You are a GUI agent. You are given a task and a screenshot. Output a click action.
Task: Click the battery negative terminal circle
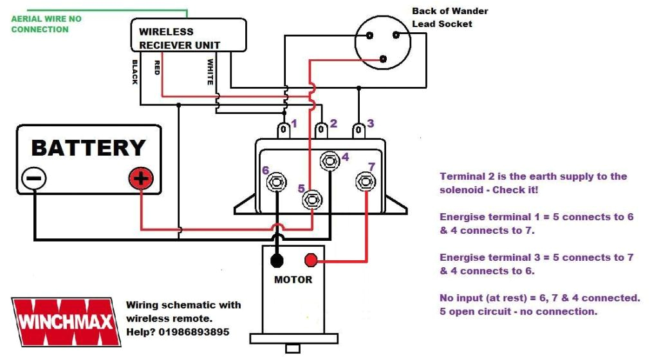tap(33, 179)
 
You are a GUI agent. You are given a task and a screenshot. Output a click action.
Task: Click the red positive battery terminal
tap(141, 179)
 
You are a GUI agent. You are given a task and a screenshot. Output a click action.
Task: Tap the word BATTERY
tap(89, 147)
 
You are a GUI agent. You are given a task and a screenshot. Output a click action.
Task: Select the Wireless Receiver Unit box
tap(189, 35)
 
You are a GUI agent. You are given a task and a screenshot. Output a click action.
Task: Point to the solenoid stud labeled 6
tap(277, 182)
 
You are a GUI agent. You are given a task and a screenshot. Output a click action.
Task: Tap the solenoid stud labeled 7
tap(366, 182)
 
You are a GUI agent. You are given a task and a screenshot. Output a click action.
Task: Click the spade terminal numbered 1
tap(283, 131)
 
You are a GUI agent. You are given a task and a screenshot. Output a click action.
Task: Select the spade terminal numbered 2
tap(320, 131)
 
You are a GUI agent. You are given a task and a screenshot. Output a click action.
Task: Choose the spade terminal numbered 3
tap(357, 131)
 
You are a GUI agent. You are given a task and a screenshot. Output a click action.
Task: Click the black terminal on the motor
tap(277, 260)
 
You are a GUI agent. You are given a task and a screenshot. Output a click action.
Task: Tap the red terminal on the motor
tap(311, 260)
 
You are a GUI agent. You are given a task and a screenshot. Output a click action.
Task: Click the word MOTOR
tap(293, 280)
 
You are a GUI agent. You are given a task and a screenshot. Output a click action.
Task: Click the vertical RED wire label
tap(156, 68)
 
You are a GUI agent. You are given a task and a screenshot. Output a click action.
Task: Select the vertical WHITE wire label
tap(210, 72)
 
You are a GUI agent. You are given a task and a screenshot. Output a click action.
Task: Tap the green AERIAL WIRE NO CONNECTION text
tap(46, 24)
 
